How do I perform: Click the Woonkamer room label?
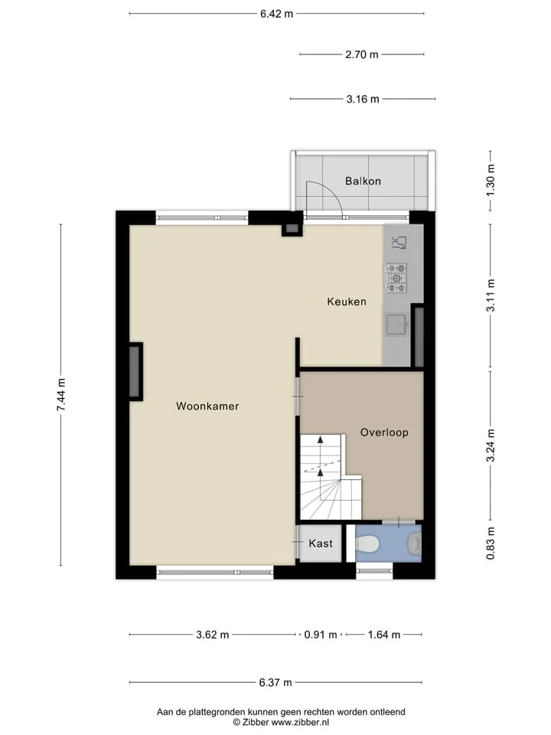coord(207,406)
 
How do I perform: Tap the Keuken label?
coord(347,302)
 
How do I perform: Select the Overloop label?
coord(384,432)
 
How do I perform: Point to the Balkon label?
coord(363,181)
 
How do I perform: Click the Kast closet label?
coord(321,544)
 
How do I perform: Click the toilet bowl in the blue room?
coord(367,544)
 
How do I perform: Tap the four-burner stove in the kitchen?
coord(396,278)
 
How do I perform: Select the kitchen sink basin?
coord(396,325)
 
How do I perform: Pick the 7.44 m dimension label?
coord(61,395)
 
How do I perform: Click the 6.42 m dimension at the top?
coord(276,14)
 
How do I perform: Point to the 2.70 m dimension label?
coord(362,54)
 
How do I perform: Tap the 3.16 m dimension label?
coord(363,99)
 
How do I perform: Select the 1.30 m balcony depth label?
coord(491,181)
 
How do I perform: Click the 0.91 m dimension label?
coord(321,635)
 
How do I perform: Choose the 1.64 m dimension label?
coord(383,635)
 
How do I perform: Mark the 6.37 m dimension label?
coord(275,682)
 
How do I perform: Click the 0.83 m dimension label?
coord(491,544)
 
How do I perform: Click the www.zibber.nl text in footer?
coord(300,722)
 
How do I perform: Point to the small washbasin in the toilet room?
coord(414,544)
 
